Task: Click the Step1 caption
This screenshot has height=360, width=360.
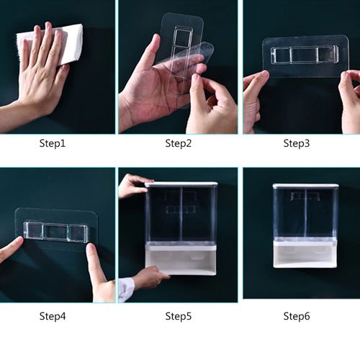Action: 53,143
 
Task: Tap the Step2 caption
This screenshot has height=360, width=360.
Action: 179,143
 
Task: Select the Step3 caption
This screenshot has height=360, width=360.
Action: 297,143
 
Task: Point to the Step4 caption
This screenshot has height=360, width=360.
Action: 53,316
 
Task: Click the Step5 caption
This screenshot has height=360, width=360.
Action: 179,316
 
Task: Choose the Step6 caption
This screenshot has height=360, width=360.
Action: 297,316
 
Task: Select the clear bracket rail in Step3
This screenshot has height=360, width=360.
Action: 305,55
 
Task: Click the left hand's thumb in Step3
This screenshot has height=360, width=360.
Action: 257,78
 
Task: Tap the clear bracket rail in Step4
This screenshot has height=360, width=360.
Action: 56,232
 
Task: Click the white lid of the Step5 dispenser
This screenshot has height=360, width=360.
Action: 181,184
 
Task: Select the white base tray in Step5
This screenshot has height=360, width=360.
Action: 181,260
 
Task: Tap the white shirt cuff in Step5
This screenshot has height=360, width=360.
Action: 126,289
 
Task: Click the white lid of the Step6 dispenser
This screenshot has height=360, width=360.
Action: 306,186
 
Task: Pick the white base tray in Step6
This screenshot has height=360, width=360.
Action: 305,255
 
